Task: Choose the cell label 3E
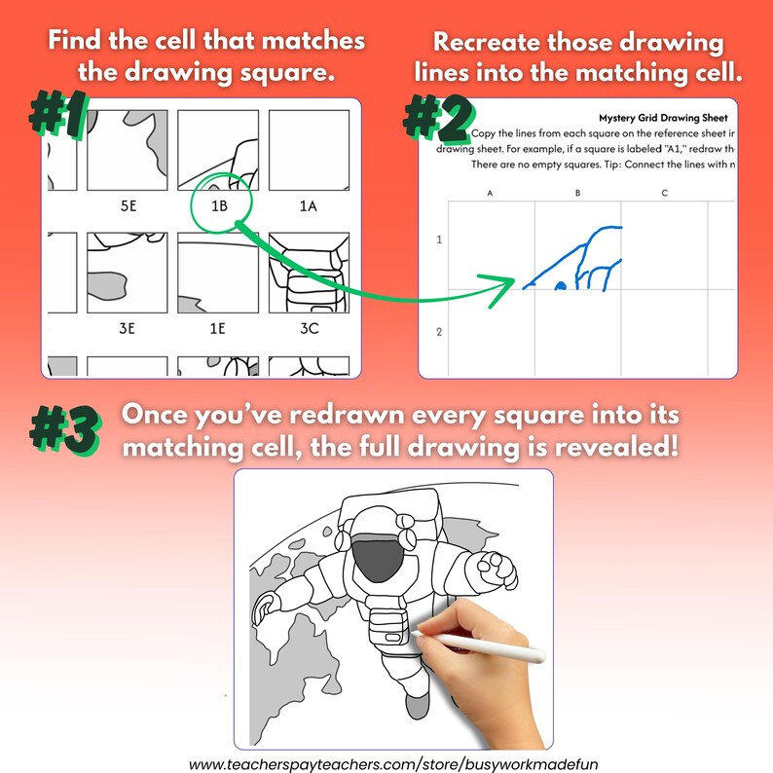click(127, 329)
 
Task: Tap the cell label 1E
click(216, 329)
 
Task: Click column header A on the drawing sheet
click(490, 194)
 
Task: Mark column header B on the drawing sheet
click(577, 194)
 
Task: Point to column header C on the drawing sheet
click(664, 194)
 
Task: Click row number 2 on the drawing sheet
click(439, 332)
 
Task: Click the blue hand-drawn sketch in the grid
click(580, 259)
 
